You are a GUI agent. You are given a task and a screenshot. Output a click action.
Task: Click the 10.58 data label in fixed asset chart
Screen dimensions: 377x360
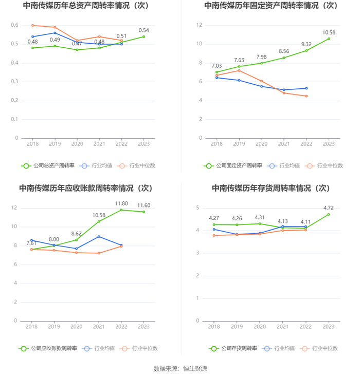[329, 32]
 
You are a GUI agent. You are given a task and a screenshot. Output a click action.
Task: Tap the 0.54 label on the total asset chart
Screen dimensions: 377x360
[143, 30]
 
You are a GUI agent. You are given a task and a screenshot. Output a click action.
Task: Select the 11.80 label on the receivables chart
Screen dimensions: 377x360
[121, 203]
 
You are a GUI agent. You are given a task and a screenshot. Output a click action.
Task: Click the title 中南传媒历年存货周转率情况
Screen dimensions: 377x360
[270, 188]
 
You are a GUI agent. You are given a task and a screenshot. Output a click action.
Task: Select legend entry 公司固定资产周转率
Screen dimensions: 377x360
[233, 165]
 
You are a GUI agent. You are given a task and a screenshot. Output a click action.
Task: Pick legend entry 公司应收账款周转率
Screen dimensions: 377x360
[49, 348]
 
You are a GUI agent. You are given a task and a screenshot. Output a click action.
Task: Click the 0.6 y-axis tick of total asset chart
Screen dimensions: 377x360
[14, 25]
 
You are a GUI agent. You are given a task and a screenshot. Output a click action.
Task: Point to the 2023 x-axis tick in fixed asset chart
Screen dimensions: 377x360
[329, 144]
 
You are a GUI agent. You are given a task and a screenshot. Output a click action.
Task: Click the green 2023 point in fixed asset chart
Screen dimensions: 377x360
[329, 39]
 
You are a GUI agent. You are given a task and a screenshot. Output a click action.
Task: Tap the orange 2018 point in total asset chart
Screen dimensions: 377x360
[32, 25]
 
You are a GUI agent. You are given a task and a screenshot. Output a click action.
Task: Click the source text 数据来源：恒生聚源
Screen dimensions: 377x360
[180, 368]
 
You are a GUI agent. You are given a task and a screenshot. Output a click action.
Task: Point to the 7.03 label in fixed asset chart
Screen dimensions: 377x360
[217, 66]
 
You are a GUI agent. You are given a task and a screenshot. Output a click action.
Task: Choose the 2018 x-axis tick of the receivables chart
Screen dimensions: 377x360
[32, 327]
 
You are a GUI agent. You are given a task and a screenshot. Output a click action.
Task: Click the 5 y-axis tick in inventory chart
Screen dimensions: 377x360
[197, 208]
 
